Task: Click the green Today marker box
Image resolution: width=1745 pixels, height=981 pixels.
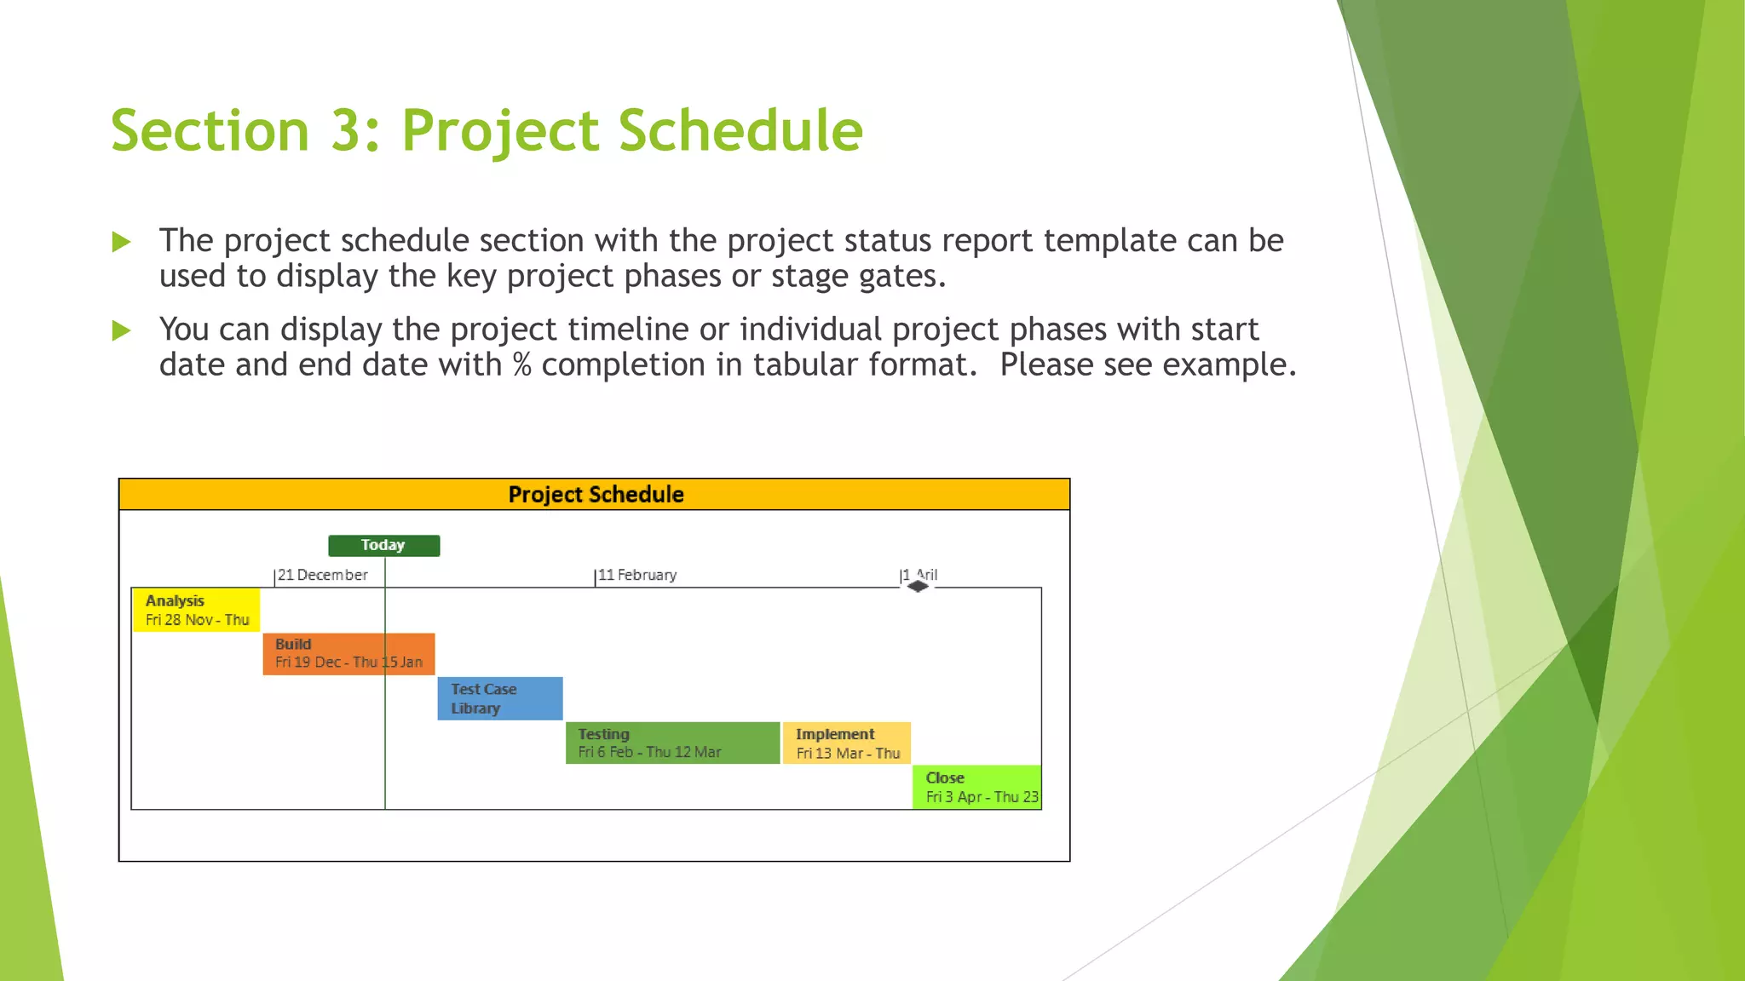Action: point(383,545)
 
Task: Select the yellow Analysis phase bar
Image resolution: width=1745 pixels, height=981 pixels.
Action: point(197,610)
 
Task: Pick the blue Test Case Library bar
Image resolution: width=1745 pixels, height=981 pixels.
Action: point(500,698)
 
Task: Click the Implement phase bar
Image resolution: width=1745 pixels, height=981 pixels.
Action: point(846,743)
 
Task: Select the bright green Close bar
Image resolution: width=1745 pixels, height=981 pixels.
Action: point(976,787)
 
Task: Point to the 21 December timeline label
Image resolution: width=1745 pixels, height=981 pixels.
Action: point(322,575)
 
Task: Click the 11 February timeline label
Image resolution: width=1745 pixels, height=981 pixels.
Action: point(636,575)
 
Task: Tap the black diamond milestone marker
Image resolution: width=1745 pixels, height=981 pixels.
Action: point(918,586)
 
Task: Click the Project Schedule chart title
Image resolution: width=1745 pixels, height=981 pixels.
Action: point(595,495)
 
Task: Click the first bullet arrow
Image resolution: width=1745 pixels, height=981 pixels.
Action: point(122,242)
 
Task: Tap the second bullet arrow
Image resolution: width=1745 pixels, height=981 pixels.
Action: point(122,330)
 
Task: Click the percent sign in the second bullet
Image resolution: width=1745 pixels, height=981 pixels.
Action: point(521,365)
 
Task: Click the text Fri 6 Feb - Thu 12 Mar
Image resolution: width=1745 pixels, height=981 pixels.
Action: point(649,752)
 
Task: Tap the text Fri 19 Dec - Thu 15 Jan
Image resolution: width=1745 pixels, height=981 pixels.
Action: point(348,662)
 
